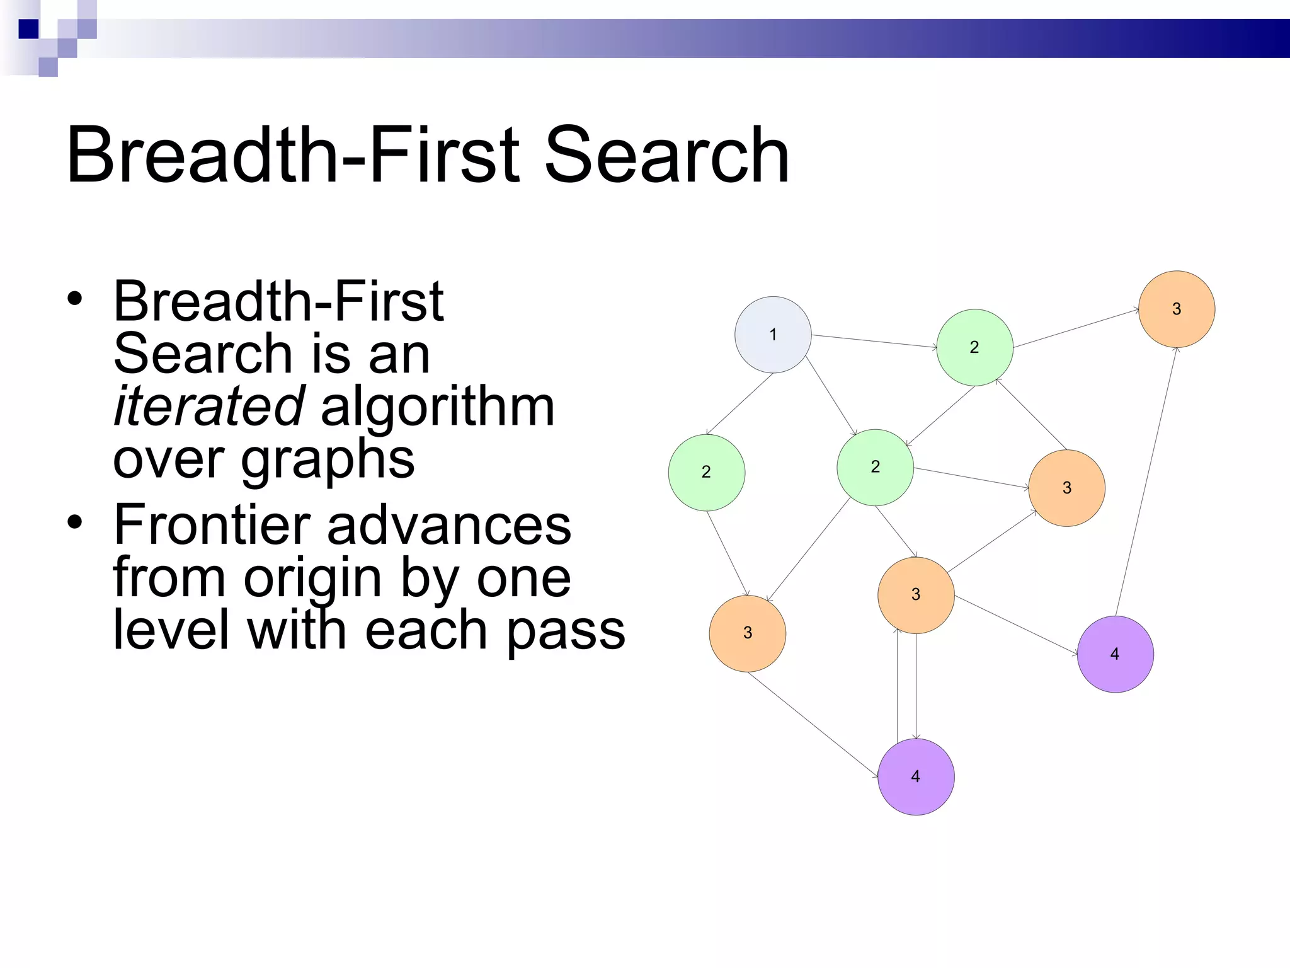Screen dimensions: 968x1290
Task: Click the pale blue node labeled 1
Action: click(x=773, y=335)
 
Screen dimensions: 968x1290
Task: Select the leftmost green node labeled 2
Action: click(x=706, y=472)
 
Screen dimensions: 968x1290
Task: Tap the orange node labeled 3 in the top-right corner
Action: click(x=1176, y=309)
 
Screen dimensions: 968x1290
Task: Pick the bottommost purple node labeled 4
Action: click(x=916, y=776)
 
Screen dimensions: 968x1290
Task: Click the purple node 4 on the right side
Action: click(x=1115, y=654)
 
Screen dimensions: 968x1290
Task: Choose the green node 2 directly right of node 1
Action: click(x=974, y=347)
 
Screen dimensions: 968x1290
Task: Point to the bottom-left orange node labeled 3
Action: click(x=748, y=633)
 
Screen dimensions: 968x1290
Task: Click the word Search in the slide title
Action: click(x=666, y=156)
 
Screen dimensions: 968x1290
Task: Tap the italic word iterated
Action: click(x=209, y=406)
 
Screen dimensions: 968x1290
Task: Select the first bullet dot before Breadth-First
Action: click(x=75, y=299)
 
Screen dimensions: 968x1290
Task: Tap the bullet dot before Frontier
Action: click(x=75, y=522)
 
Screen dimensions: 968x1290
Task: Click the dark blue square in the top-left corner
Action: click(x=28, y=29)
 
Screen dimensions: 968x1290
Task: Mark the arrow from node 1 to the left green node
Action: click(x=739, y=404)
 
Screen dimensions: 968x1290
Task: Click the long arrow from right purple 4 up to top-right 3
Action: click(x=1146, y=482)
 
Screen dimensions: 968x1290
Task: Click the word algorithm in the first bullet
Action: click(x=437, y=406)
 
